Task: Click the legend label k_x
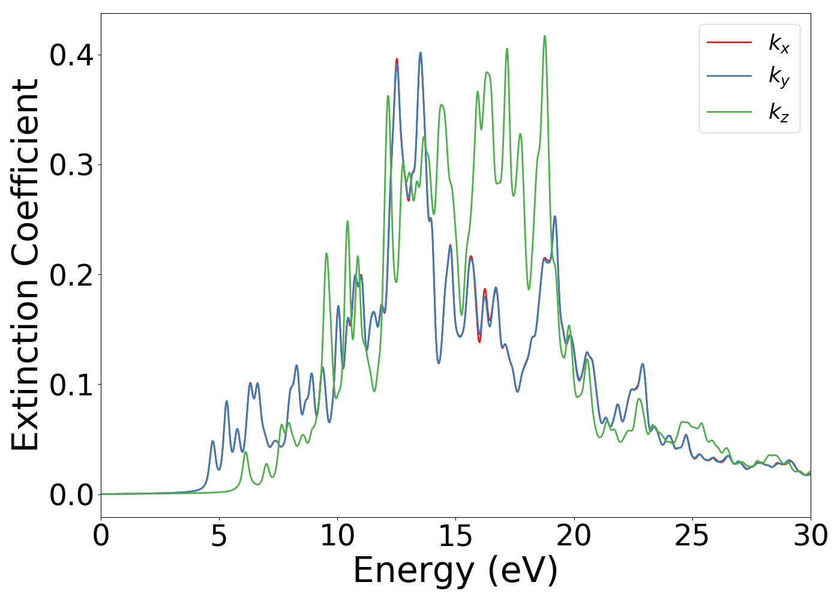779,43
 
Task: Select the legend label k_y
779,77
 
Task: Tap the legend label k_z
779,112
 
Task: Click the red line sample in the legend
729,42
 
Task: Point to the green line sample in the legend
729,111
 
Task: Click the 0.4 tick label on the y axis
71,55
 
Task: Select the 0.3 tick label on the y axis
71,165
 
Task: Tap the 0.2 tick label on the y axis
71,275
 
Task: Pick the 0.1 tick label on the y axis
71,385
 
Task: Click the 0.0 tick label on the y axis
71,494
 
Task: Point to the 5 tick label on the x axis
219,535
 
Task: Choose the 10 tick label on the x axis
337,535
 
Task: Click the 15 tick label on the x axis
455,535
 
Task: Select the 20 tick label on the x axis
574,535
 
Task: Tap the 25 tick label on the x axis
692,535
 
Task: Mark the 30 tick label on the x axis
810,535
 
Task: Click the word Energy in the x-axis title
414,571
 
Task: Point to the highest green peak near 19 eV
545,36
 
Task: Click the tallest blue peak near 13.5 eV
421,53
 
